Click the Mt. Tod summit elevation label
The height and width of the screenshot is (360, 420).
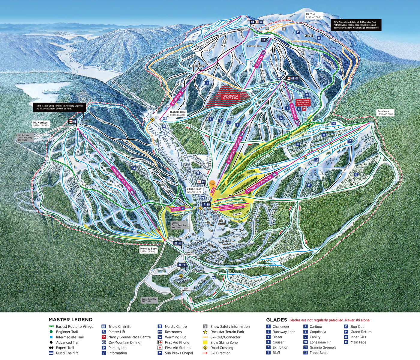[x=314, y=16]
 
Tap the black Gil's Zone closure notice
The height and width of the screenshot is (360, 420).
[x=356, y=25]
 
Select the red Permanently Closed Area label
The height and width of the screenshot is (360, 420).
[x=230, y=97]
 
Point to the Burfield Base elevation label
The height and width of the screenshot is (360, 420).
[x=178, y=113]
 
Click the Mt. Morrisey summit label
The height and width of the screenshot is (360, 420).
[x=40, y=124]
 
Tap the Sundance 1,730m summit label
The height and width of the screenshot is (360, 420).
[x=383, y=112]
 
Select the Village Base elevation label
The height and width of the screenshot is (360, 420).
[x=194, y=190]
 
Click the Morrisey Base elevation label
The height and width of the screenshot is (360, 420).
[x=148, y=250]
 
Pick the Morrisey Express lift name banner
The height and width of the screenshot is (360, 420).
[x=121, y=178]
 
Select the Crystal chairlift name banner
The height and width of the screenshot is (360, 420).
[x=259, y=61]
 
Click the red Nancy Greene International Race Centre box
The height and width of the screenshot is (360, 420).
[x=303, y=102]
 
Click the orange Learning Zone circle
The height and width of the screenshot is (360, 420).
[x=212, y=183]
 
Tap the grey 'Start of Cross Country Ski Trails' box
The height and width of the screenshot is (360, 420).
[x=179, y=225]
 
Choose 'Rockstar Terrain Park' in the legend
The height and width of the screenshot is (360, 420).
[x=227, y=332]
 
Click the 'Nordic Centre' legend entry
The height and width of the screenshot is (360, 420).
[x=175, y=326]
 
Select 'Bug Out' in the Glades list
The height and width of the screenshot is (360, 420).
[x=357, y=326]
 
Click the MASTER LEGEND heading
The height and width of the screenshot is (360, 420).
[x=70, y=319]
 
